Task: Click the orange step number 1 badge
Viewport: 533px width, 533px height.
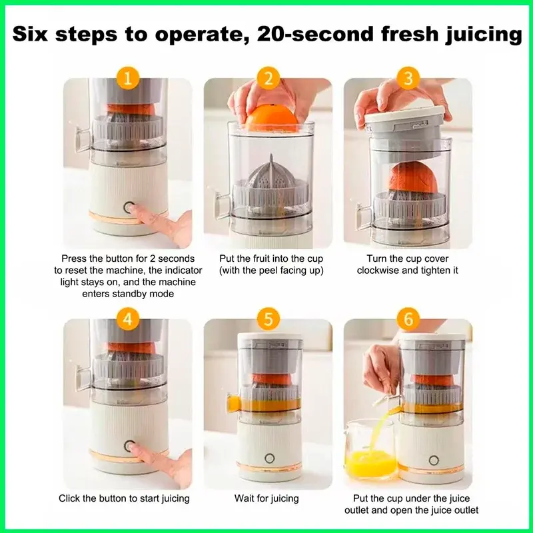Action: coord(127,79)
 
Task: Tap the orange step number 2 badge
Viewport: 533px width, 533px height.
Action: coord(268,79)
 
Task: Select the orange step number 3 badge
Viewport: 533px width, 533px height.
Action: coord(408,79)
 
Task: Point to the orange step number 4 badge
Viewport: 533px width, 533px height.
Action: coord(127,320)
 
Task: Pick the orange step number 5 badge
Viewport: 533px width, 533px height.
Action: coord(268,320)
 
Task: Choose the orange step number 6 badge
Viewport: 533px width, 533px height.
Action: coord(408,320)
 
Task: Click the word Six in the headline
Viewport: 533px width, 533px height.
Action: coord(30,34)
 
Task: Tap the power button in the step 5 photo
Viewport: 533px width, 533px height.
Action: coord(269,458)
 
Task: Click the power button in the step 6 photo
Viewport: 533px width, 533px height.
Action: coord(434,460)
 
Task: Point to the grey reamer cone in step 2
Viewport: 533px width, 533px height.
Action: coord(270,177)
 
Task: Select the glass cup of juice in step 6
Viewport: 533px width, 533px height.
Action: coord(370,450)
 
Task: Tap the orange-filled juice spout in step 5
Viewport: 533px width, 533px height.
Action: coord(234,403)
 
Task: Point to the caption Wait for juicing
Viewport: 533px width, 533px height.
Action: coord(266,498)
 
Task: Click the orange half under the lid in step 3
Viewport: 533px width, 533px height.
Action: coord(413,177)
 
